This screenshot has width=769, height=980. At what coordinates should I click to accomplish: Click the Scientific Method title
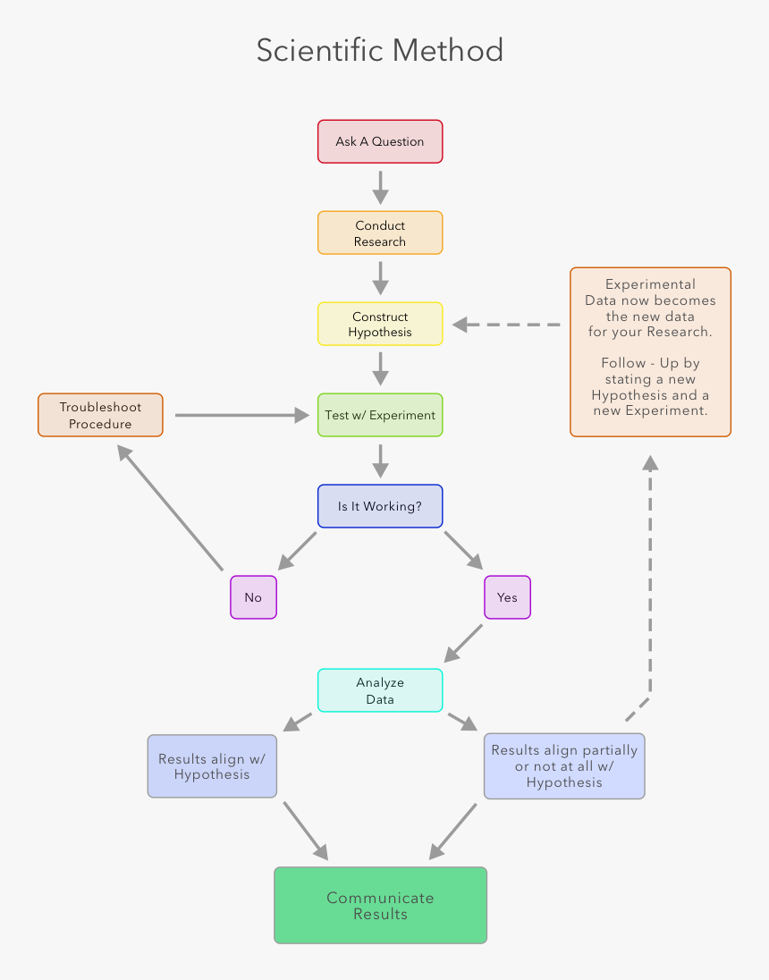[380, 50]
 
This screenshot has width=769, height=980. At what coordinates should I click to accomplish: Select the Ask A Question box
[380, 141]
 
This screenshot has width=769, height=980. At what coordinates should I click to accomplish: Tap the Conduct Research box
[380, 233]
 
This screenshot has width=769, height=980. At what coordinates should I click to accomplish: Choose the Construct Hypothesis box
[380, 324]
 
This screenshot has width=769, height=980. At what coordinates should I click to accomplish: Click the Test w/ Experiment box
[380, 415]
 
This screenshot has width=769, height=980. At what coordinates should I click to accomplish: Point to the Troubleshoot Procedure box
[100, 415]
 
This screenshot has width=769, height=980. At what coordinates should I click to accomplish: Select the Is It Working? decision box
[380, 506]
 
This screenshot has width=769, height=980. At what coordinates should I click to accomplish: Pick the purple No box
[253, 597]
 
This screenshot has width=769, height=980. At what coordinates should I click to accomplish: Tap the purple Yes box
[507, 597]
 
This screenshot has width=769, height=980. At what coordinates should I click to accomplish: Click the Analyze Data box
[380, 690]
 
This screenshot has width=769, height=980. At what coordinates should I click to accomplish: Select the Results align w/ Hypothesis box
[212, 766]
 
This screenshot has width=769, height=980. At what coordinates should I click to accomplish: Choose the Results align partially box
[564, 766]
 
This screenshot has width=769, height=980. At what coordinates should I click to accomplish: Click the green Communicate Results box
[380, 905]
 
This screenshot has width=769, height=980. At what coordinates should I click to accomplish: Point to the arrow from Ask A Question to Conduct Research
[380, 187]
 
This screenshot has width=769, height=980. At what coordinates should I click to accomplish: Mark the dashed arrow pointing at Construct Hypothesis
[506, 325]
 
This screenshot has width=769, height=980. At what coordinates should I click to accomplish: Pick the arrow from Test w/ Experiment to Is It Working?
[380, 460]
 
